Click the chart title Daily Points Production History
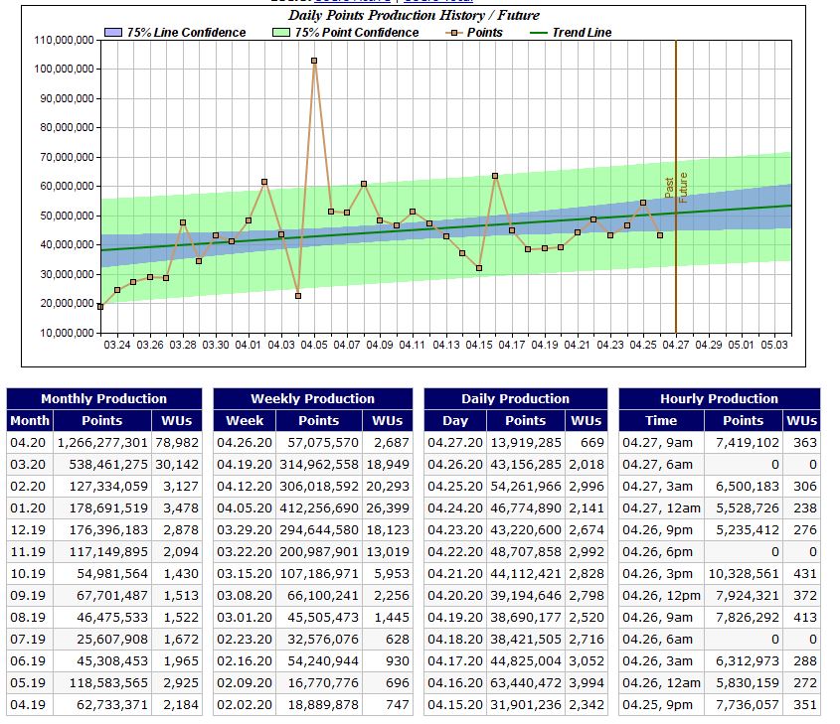pyautogui.click(x=414, y=15)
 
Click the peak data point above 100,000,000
pyautogui.click(x=314, y=61)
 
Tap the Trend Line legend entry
pyautogui.click(x=582, y=33)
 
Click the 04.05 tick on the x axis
pyautogui.click(x=314, y=345)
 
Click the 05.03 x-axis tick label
pyautogui.click(x=773, y=345)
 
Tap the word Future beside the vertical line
pyautogui.click(x=683, y=188)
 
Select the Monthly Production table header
pyautogui.click(x=104, y=398)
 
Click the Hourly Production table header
pyautogui.click(x=720, y=398)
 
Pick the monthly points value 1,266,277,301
pyautogui.click(x=102, y=442)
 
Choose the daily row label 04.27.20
pyautogui.click(x=454, y=442)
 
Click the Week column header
pyautogui.click(x=244, y=420)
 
